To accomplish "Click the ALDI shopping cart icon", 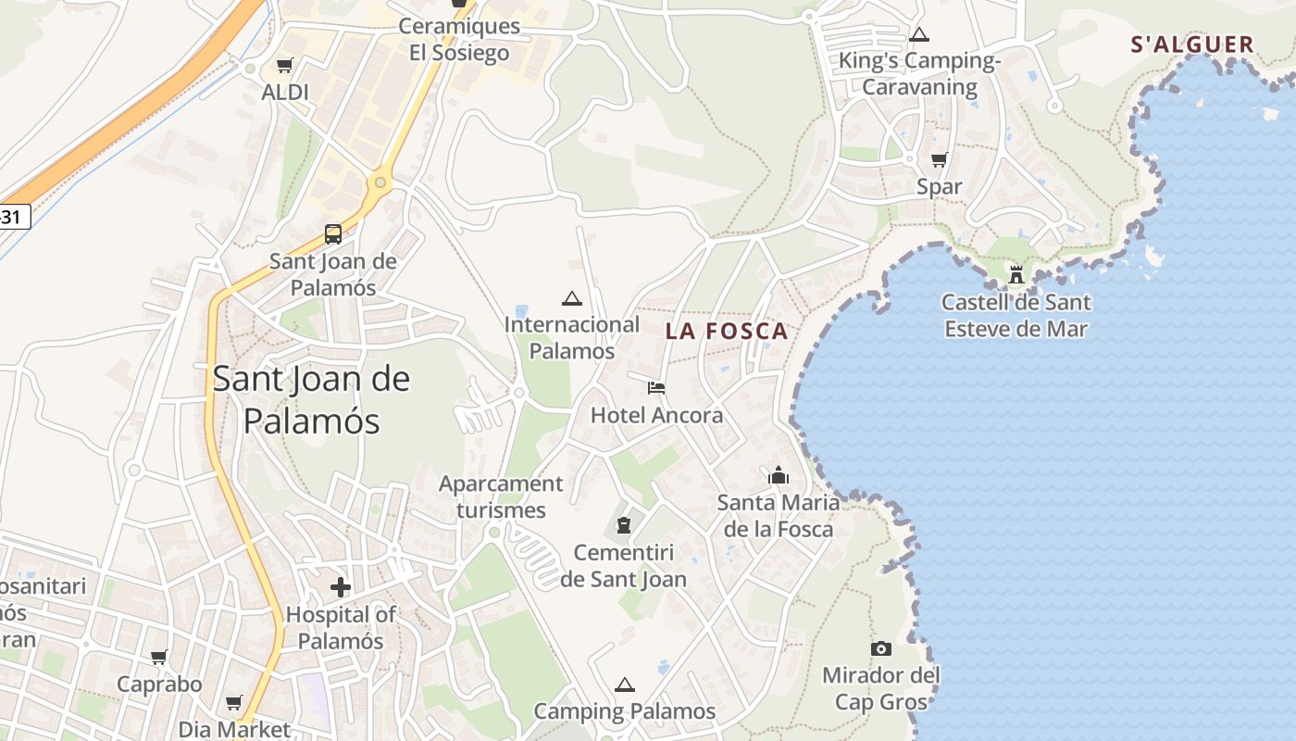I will tap(284, 66).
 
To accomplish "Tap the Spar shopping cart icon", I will tap(939, 159).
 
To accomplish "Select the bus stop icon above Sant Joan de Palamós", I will tap(332, 233).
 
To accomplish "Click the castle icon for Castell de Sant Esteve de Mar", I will tap(1016, 274).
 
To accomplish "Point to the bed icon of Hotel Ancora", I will tap(656, 387).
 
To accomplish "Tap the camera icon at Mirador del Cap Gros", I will tap(880, 648).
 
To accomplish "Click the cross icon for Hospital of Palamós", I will tap(341, 586).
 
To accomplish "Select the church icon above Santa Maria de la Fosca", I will tap(779, 476).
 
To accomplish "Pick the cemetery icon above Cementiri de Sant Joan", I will tap(624, 525).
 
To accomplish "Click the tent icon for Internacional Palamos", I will tap(572, 298).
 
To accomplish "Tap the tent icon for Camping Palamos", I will tap(625, 684).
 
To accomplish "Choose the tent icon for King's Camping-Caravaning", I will tap(918, 35).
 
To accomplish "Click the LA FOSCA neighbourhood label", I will tap(727, 331).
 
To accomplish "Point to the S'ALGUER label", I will tap(1192, 44).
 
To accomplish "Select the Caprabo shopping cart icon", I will tap(159, 657).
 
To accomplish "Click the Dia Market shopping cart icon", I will tap(233, 702).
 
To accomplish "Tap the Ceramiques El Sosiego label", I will tap(459, 39).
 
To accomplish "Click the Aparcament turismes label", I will tap(501, 496).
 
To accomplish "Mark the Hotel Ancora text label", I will tap(656, 415).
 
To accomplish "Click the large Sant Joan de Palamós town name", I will tap(311, 400).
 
